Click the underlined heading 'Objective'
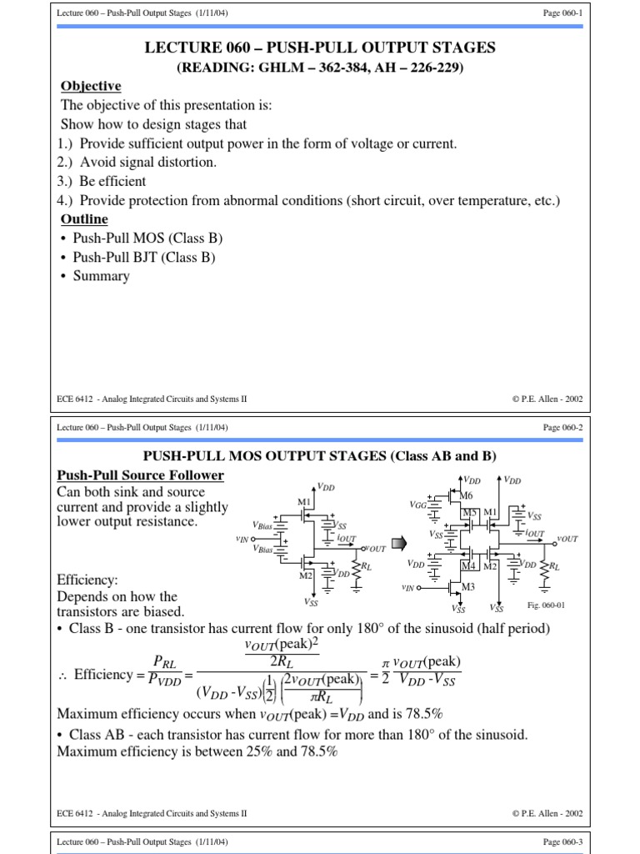(91, 87)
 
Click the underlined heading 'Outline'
(84, 219)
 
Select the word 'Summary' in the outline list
(101, 276)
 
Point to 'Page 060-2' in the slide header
(562, 427)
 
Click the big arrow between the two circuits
(398, 544)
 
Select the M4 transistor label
(468, 565)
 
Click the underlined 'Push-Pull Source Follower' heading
(139, 475)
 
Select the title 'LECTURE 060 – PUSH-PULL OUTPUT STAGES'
(319, 48)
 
